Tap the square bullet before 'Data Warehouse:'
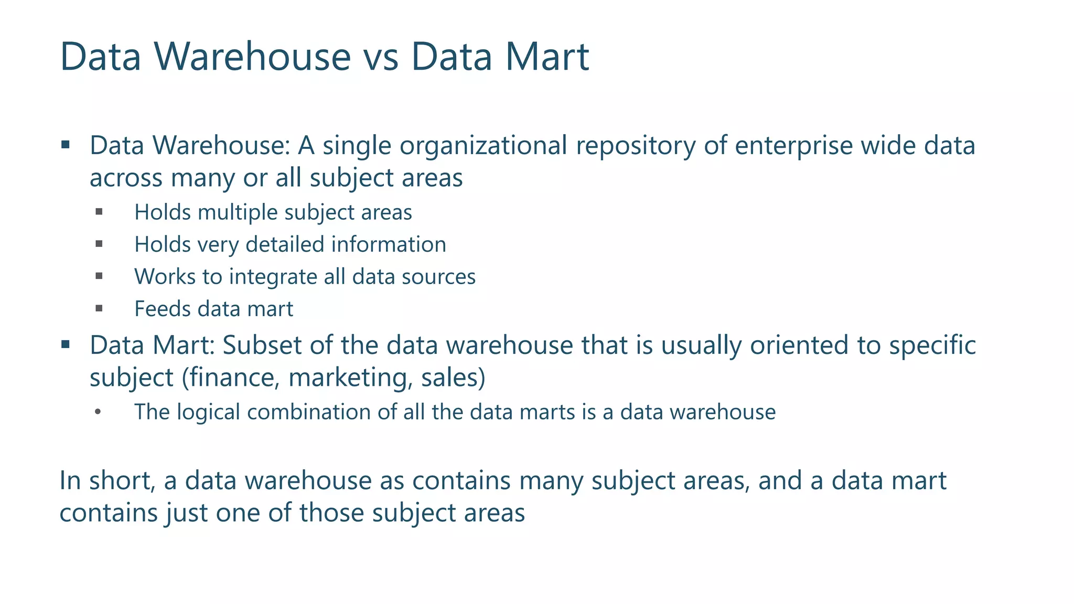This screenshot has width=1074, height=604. pyautogui.click(x=66, y=145)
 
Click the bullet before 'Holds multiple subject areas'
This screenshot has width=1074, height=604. pyautogui.click(x=99, y=212)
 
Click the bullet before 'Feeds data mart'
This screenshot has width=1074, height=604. pyautogui.click(x=99, y=309)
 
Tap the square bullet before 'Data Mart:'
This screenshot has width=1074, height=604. pyautogui.click(x=66, y=344)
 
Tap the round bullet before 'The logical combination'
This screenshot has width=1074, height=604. pyautogui.click(x=98, y=412)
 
